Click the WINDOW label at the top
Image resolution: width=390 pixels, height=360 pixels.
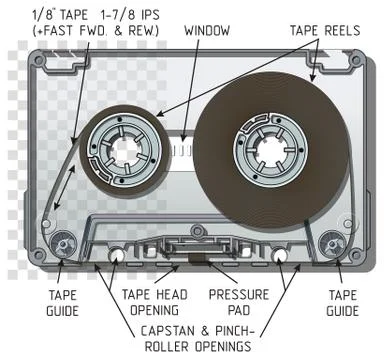click(207, 30)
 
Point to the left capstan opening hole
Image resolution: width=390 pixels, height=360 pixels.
click(118, 257)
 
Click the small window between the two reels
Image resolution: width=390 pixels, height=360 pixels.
click(190, 150)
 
